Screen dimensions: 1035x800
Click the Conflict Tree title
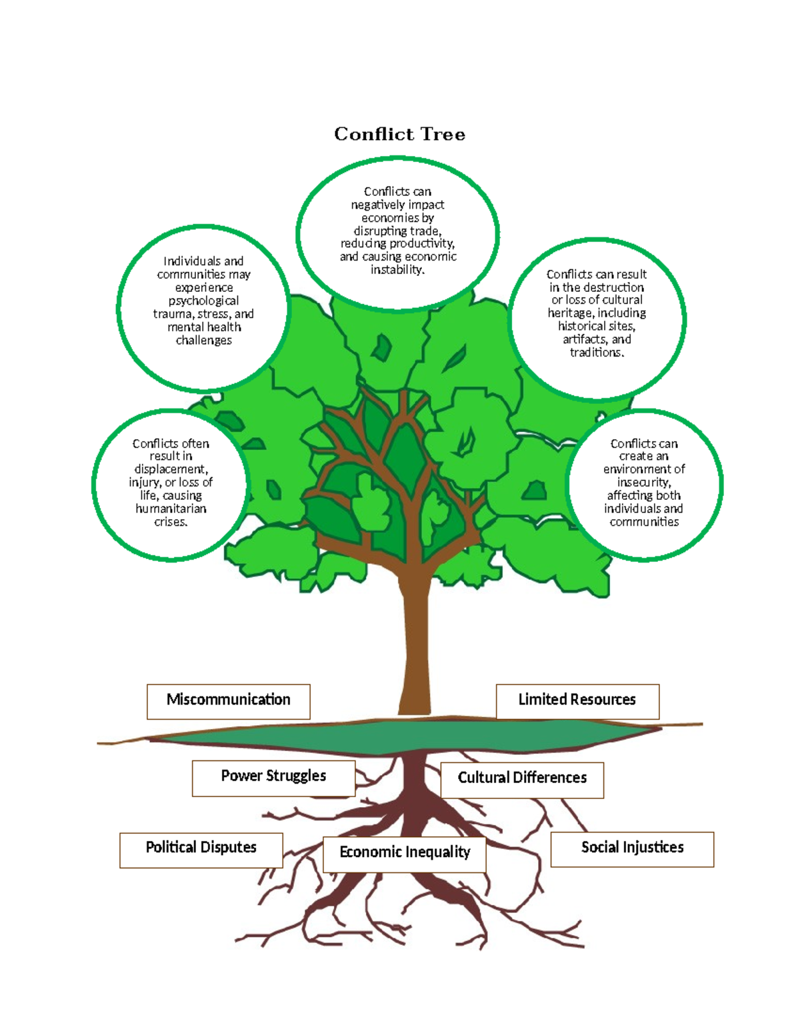[399, 134]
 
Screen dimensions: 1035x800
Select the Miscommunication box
[228, 700]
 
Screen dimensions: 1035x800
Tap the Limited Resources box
[577, 700]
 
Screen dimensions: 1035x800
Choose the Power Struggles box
[273, 777]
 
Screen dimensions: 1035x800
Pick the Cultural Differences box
[522, 778]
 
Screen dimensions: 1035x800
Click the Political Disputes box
[201, 848]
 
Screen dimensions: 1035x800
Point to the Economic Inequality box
[405, 853]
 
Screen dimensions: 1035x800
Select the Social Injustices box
[632, 848]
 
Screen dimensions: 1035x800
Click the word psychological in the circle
[203, 301]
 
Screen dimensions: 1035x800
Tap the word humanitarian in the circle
[171, 509]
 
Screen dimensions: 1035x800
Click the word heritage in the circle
[569, 313]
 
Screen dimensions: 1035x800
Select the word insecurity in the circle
[643, 483]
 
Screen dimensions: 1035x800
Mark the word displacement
[171, 469]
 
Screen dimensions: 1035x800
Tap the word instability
[397, 270]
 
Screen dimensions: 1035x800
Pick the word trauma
[169, 314]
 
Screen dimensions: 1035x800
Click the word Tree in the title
[443, 134]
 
